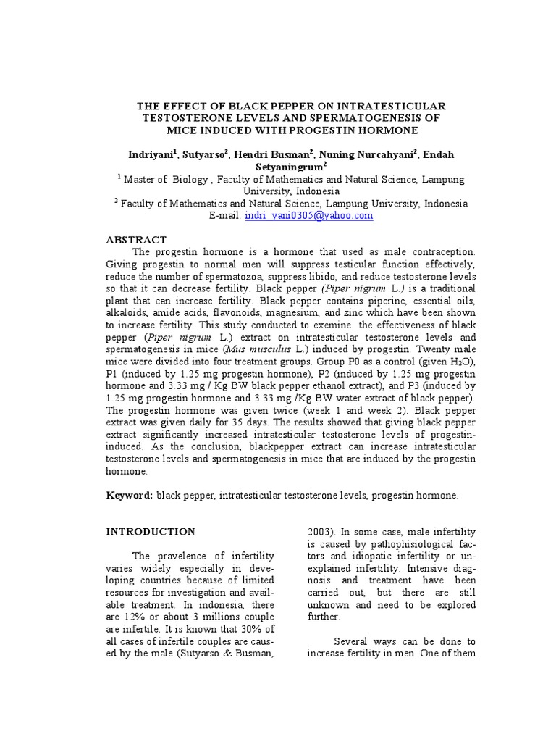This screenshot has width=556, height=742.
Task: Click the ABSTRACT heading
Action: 136,240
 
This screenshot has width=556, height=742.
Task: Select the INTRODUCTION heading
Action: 151,531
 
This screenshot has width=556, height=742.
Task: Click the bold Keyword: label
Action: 130,495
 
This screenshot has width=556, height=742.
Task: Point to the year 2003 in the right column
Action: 319,531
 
